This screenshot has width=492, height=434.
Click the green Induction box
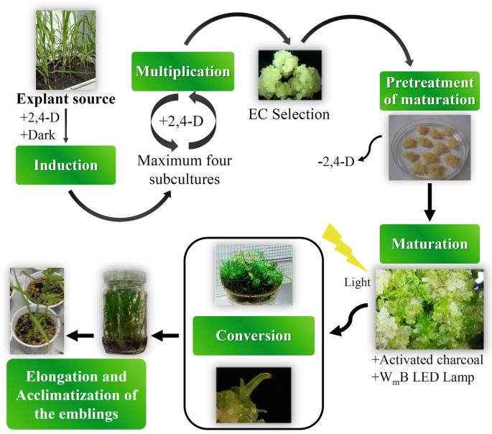click(x=65, y=165)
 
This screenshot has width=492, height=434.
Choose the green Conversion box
click(x=254, y=336)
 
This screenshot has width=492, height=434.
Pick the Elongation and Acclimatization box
click(x=75, y=394)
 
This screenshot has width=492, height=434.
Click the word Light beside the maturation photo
click(x=356, y=282)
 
